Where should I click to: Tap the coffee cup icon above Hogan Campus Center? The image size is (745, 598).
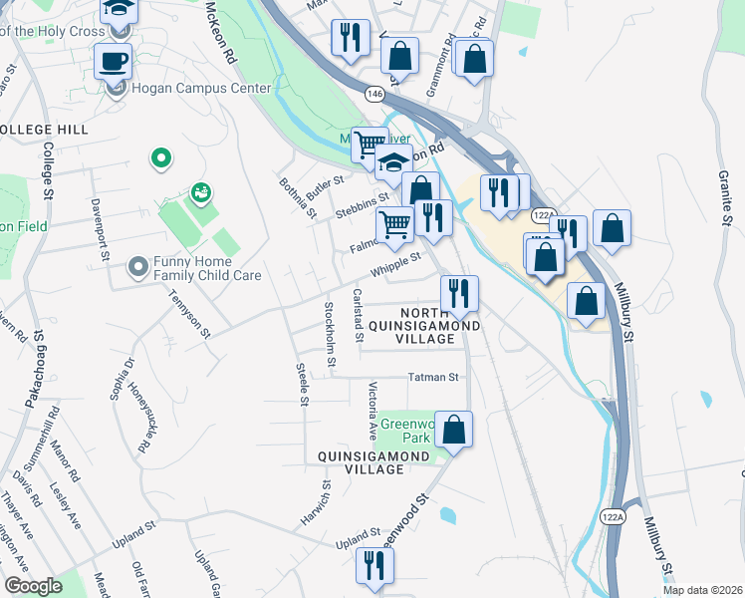pos(113,61)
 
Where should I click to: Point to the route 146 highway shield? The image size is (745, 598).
pos(374,93)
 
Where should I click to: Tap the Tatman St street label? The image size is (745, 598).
pos(432,378)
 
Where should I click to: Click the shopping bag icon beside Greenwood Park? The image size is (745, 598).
pos(453,431)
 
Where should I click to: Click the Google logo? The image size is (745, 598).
pos(33,586)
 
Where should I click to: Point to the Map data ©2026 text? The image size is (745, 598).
pos(703,590)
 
